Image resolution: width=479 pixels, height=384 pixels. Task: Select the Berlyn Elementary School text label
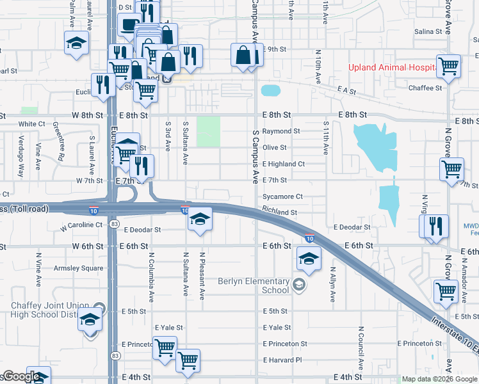tap(254, 285)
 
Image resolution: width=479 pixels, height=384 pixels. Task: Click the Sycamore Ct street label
tap(282, 196)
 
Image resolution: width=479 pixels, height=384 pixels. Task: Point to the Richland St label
tap(280, 212)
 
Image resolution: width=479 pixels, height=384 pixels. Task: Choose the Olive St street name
tap(274, 147)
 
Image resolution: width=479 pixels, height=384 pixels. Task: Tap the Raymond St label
tap(281, 131)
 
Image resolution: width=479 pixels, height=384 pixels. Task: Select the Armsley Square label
tap(78, 268)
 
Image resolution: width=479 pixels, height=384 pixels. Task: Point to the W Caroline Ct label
tap(81, 226)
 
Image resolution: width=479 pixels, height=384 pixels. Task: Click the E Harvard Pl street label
tap(282, 360)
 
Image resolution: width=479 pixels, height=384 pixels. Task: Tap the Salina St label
tap(428, 31)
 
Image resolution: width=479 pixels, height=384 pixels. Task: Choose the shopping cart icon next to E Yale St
tap(165, 348)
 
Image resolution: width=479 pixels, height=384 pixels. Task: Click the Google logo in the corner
tap(20, 377)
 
